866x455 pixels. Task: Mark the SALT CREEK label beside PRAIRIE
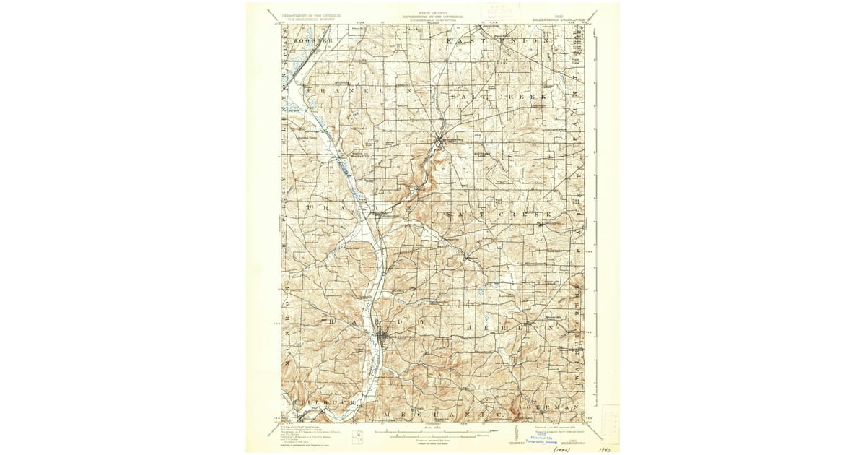click(498, 215)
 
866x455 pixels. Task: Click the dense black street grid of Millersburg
click(385, 336)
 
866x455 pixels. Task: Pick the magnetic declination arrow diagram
click(517, 435)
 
